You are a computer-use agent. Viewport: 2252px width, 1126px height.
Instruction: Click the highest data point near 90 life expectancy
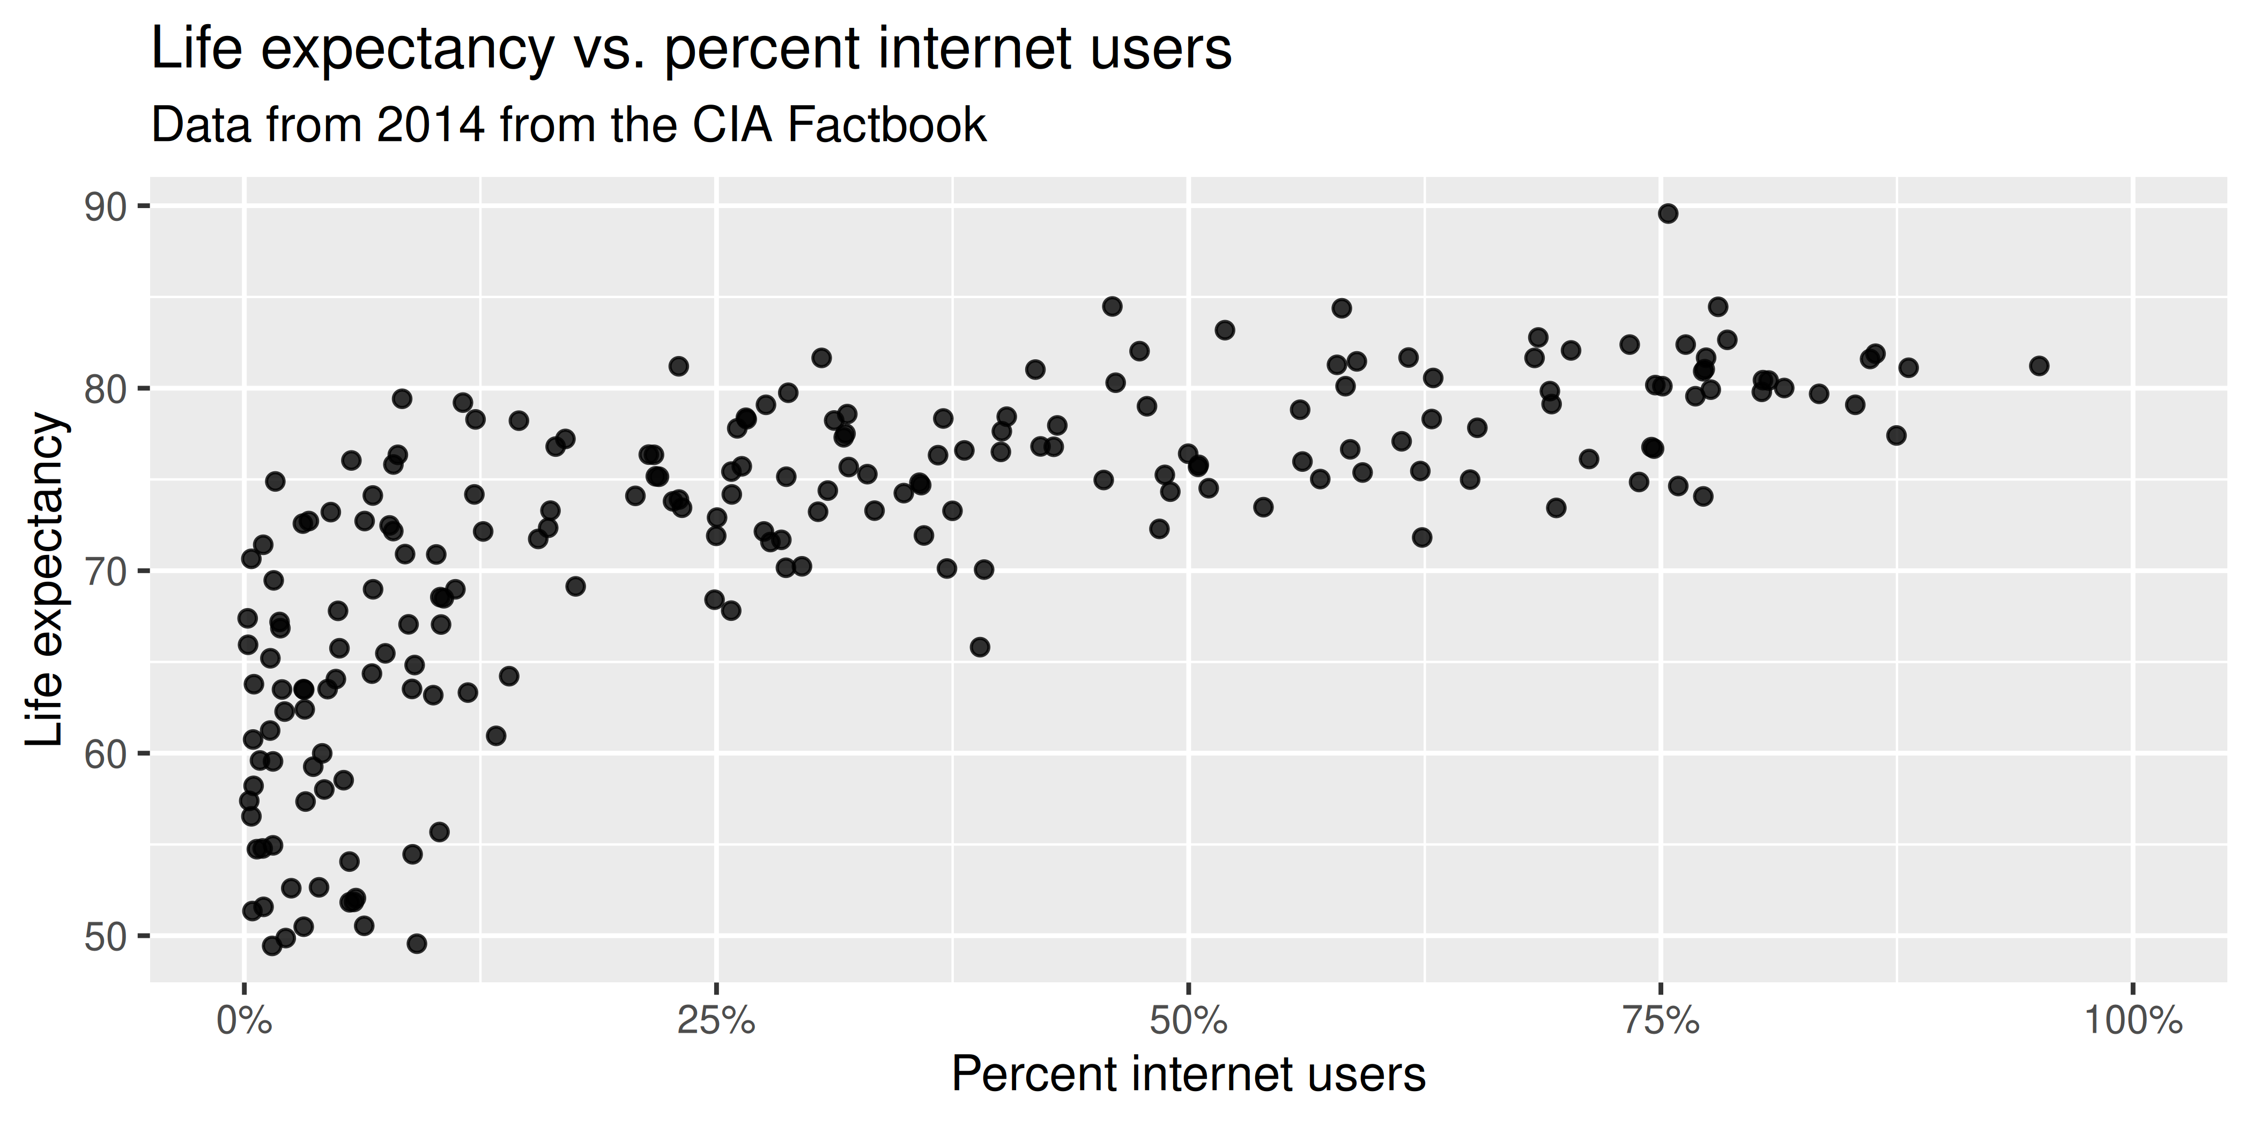1668,213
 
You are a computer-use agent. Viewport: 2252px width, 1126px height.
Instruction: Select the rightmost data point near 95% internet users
2039,366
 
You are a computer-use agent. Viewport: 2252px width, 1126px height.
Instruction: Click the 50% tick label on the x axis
1188,1022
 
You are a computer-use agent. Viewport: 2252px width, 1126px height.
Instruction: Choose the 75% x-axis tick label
1661,1022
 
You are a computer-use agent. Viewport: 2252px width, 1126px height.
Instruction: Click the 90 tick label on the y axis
106,207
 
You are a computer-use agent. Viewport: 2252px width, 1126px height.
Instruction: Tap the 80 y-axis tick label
106,390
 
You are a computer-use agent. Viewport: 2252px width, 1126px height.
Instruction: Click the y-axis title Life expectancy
46,581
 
